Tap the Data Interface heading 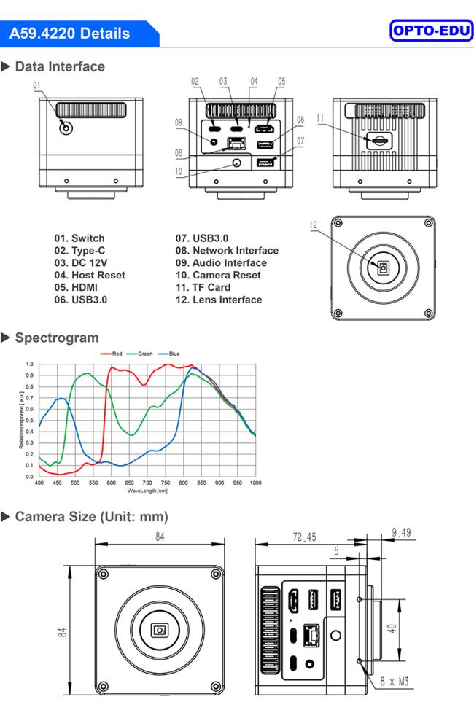click(x=59, y=66)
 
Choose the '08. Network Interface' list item click(x=227, y=250)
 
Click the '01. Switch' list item click(x=79, y=238)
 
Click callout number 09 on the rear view click(x=179, y=123)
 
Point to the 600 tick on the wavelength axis click(x=111, y=483)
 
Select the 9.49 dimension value click(x=400, y=533)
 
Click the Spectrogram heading click(x=56, y=338)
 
